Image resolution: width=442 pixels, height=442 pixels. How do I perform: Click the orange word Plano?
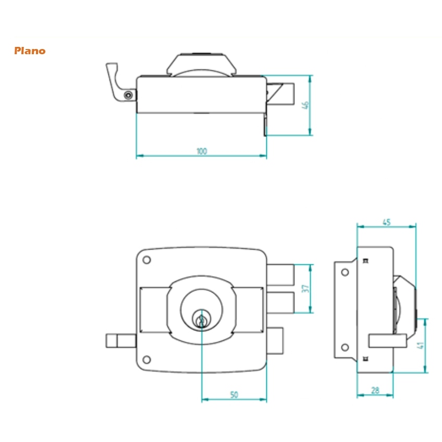click(30, 51)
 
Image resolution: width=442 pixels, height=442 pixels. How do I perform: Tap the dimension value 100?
click(202, 151)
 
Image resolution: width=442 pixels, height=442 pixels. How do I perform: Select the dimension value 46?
click(305, 105)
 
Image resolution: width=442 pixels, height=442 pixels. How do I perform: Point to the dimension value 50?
click(234, 395)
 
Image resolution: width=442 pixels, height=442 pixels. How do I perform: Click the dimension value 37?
click(305, 288)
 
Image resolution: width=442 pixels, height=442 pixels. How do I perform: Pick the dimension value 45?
click(386, 222)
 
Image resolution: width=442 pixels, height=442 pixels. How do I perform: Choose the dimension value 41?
click(420, 345)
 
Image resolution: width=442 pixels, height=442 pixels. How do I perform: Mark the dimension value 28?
click(375, 390)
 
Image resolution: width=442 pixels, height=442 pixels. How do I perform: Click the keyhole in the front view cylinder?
click(202, 320)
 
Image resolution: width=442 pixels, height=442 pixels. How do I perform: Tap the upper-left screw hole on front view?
click(146, 260)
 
